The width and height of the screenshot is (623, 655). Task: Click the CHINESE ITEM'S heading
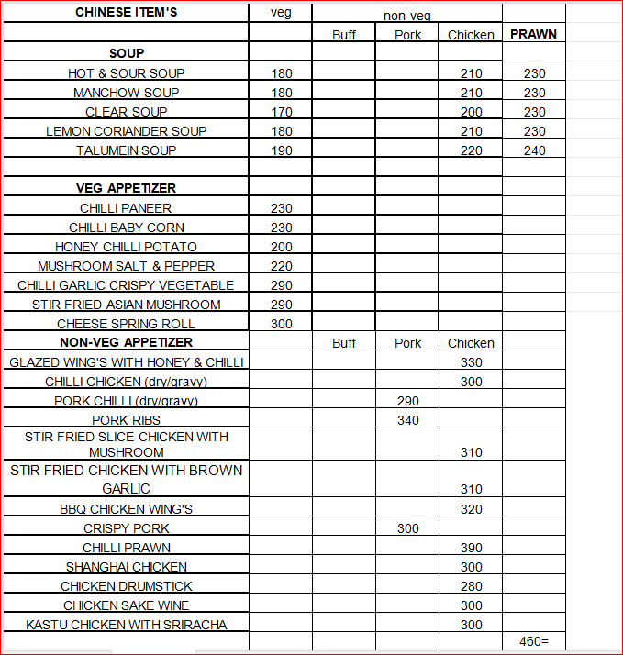pyautogui.click(x=126, y=12)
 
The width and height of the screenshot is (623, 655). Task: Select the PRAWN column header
pyautogui.click(x=533, y=34)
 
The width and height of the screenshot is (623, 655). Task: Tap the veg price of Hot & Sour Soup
pyautogui.click(x=282, y=73)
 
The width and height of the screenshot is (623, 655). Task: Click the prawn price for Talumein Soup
pyautogui.click(x=534, y=150)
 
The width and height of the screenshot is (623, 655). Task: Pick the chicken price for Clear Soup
pyautogui.click(x=471, y=112)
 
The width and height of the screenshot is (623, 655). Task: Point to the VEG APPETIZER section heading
pyautogui.click(x=126, y=188)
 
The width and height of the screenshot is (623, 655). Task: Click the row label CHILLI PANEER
pyautogui.click(x=126, y=208)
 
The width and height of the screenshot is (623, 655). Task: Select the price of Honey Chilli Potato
pyautogui.click(x=282, y=247)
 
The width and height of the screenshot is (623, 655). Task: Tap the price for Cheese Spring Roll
pyautogui.click(x=282, y=324)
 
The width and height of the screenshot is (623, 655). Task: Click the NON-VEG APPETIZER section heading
pyautogui.click(x=126, y=343)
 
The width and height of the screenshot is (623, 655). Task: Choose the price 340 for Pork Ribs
pyautogui.click(x=408, y=420)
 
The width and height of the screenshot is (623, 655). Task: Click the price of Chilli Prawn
pyautogui.click(x=471, y=548)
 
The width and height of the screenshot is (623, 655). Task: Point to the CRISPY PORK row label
pyautogui.click(x=126, y=528)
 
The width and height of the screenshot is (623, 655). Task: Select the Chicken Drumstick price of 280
pyautogui.click(x=471, y=586)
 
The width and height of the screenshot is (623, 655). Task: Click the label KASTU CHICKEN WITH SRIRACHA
pyautogui.click(x=126, y=625)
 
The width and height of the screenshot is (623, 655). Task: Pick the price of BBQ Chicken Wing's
pyautogui.click(x=471, y=509)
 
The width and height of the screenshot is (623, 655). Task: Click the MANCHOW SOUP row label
pyautogui.click(x=126, y=93)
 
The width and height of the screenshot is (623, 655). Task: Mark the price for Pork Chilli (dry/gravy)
pyautogui.click(x=408, y=401)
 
